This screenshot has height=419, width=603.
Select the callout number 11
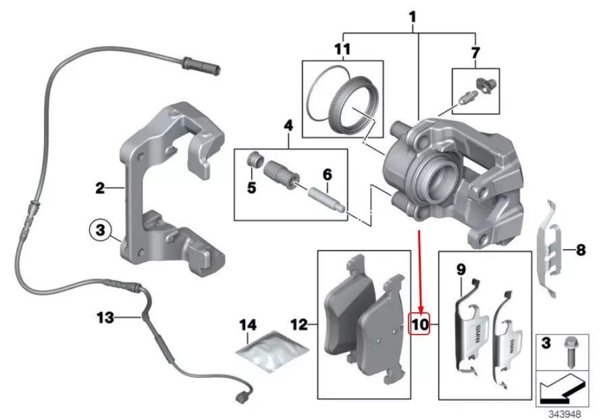(x=342, y=49)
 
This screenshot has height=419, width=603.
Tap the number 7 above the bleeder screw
(x=475, y=52)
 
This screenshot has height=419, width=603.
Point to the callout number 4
(x=288, y=125)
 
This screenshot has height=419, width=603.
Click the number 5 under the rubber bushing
(x=251, y=188)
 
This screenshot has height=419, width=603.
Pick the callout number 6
(x=327, y=175)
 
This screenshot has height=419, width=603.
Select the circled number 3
(x=100, y=231)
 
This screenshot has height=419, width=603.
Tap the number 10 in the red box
(x=420, y=325)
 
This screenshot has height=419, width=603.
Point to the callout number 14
(x=248, y=326)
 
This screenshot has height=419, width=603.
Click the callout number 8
(x=579, y=251)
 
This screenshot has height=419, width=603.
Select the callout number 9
(x=461, y=270)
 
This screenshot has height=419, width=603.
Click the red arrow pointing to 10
(x=420, y=270)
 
